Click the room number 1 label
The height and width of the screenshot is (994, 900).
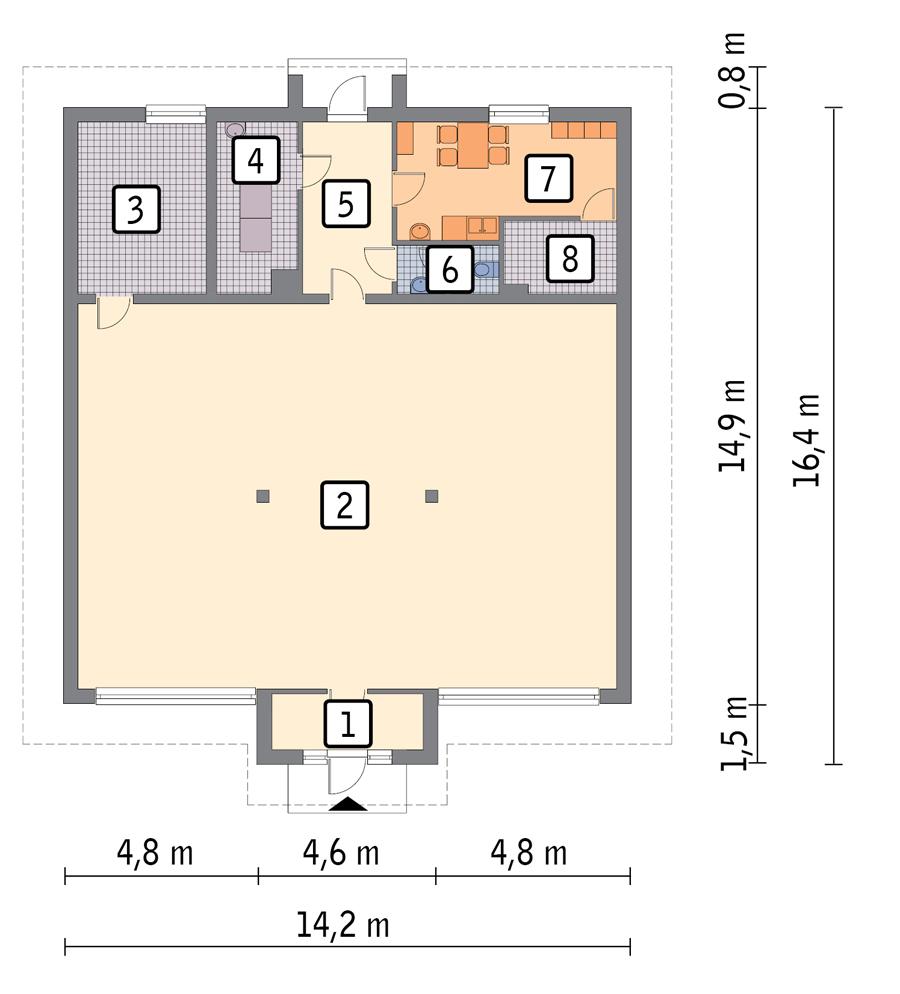coord(347,724)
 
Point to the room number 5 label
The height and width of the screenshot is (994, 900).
coord(345,203)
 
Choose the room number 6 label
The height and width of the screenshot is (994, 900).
coord(450,270)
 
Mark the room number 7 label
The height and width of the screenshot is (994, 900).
coord(547,178)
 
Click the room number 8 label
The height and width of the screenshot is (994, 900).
coord(569,259)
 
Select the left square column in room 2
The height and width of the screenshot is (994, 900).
coord(262,495)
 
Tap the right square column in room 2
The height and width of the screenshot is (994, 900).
coord(431,495)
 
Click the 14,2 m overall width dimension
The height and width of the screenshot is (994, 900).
coord(342,925)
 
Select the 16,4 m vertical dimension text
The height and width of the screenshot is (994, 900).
coord(807,438)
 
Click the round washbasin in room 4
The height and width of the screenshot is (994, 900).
coord(234,130)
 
